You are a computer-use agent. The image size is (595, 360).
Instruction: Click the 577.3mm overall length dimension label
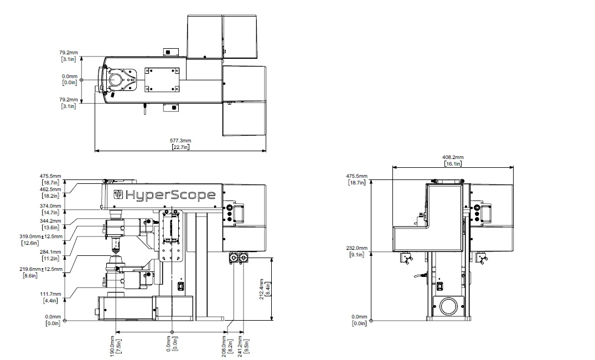point(180,141)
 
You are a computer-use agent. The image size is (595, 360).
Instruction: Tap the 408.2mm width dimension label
point(453,157)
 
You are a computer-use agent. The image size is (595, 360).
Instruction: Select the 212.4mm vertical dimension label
point(261,289)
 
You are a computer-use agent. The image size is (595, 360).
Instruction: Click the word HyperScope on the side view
point(170,195)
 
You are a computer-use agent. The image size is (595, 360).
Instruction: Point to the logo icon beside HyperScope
point(118,194)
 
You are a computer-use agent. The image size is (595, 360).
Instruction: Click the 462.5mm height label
point(50,189)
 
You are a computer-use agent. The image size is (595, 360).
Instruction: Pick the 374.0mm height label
point(50,206)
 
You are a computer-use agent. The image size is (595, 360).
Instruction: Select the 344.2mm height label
point(50,220)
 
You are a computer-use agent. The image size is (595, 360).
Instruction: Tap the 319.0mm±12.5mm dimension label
point(41,236)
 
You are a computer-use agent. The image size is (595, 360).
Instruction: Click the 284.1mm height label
point(50,252)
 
